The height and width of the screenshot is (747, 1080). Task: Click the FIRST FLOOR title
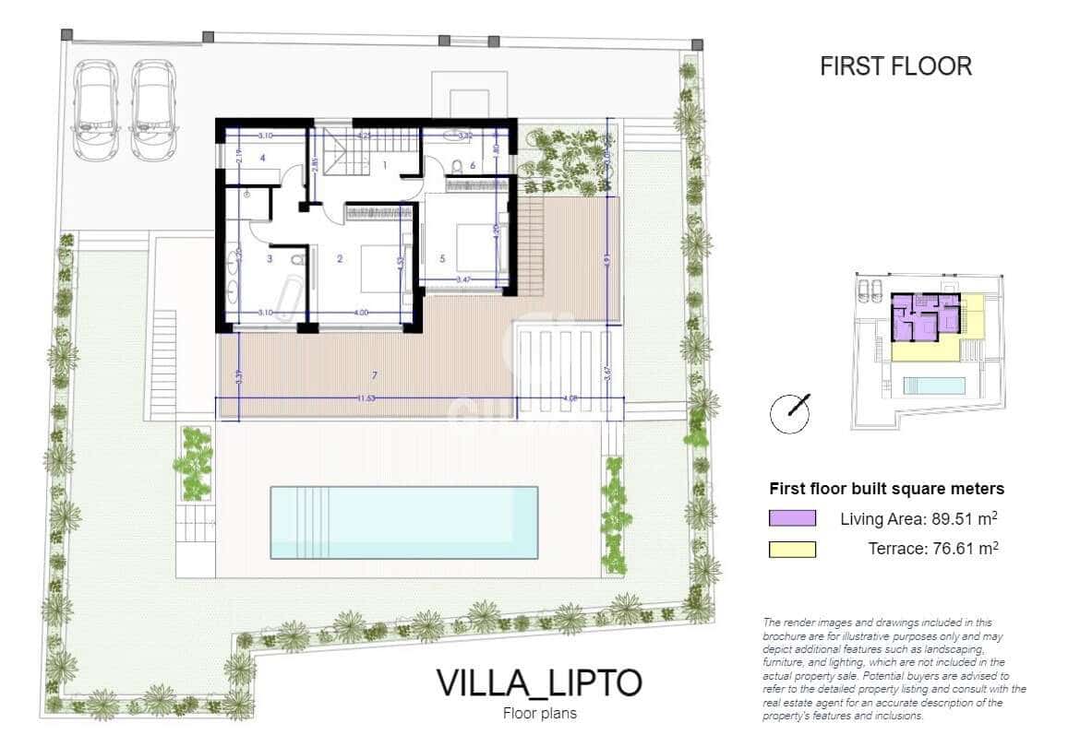(x=895, y=66)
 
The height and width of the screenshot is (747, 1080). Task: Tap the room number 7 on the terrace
(x=374, y=375)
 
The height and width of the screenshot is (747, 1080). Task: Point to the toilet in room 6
(x=457, y=166)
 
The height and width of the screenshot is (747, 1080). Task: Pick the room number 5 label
(x=442, y=258)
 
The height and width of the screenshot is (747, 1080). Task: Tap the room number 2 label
(x=340, y=259)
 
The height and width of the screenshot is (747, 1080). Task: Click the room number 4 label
(x=263, y=159)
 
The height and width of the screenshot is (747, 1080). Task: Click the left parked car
(x=94, y=109)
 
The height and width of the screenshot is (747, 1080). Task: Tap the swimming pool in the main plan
(x=404, y=522)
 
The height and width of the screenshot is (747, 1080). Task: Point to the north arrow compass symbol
(x=791, y=413)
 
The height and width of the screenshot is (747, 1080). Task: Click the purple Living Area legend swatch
(x=792, y=518)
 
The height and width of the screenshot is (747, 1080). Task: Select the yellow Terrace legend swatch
(x=792, y=550)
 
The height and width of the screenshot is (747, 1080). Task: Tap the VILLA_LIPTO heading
(x=538, y=683)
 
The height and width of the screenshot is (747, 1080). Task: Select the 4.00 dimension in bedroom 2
(x=361, y=313)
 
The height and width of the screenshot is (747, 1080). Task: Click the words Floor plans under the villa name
(x=539, y=713)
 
